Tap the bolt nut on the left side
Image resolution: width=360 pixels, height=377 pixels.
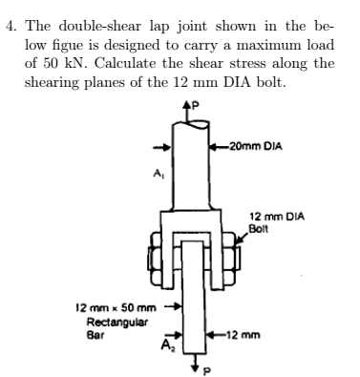point(151,257)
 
